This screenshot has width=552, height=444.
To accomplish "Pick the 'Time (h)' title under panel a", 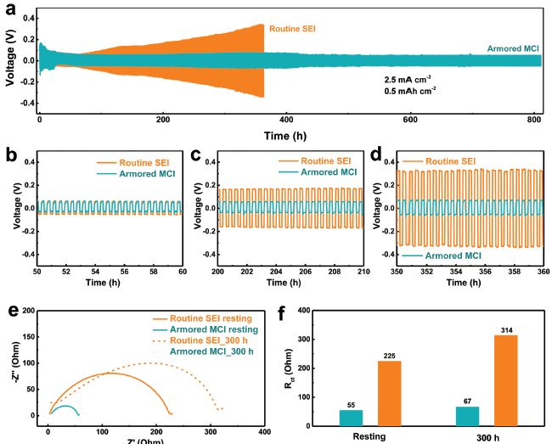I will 285,135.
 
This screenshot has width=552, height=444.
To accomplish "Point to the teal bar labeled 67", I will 467,416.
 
